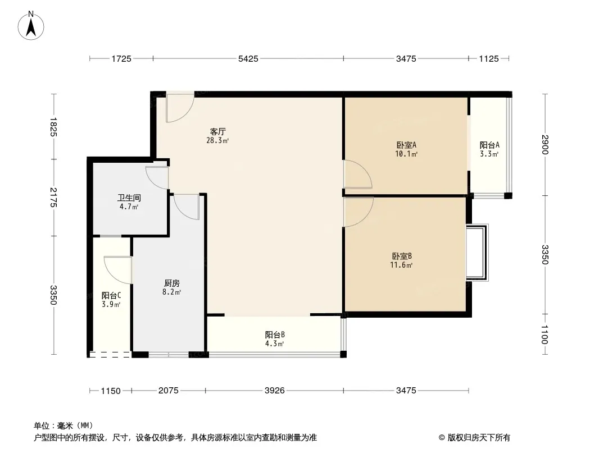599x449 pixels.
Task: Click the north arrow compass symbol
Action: click(x=31, y=26)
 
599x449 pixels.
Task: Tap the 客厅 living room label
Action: click(x=218, y=131)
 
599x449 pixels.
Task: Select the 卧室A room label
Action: click(x=406, y=145)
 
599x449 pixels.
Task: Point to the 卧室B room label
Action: click(x=402, y=256)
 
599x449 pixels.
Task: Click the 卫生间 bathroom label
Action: click(x=129, y=198)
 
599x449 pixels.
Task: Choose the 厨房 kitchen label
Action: click(x=171, y=283)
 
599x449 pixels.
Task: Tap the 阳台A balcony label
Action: click(x=489, y=145)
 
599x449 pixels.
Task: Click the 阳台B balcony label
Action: click(x=275, y=335)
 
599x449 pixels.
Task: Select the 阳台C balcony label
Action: click(x=111, y=295)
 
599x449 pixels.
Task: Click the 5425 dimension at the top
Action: click(x=248, y=59)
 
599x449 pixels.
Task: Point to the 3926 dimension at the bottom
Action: click(x=275, y=391)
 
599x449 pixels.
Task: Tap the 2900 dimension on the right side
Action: click(x=545, y=145)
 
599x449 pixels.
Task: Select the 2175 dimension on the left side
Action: click(x=53, y=197)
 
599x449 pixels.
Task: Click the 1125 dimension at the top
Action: click(x=489, y=59)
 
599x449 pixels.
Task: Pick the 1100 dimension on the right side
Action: click(x=545, y=334)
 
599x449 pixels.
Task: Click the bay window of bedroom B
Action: click(x=477, y=253)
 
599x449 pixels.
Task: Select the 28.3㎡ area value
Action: click(x=217, y=140)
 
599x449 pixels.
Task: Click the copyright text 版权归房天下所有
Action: click(x=478, y=438)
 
